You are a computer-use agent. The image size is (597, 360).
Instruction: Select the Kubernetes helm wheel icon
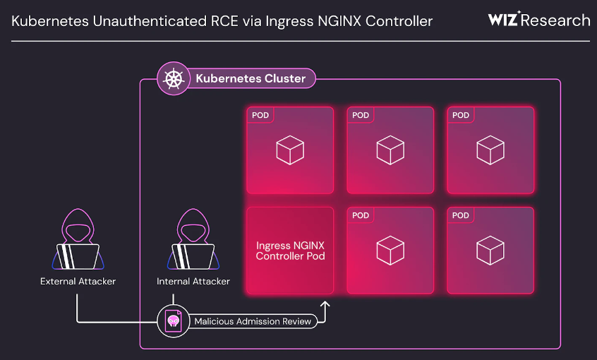coord(172,78)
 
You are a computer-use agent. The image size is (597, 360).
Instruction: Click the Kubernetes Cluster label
coord(251,78)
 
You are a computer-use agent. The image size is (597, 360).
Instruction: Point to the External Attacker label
coord(78,282)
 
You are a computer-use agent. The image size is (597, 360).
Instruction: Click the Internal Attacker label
coord(193,282)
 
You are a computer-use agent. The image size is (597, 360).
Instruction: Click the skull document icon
coord(172,321)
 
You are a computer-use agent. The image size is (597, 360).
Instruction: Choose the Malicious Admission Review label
coord(253,321)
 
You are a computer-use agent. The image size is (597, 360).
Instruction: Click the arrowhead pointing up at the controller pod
coord(325,305)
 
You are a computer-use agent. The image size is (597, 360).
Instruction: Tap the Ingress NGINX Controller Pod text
coord(290,251)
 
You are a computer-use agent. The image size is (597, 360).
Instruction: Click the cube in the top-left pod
coord(290,150)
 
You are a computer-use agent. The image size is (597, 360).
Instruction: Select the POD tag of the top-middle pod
coord(361,115)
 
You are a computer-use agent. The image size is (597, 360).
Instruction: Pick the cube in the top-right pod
coord(490,150)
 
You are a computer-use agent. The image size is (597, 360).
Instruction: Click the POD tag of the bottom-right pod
coord(461,215)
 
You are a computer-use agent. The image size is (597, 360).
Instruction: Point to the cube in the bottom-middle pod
coord(390,251)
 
